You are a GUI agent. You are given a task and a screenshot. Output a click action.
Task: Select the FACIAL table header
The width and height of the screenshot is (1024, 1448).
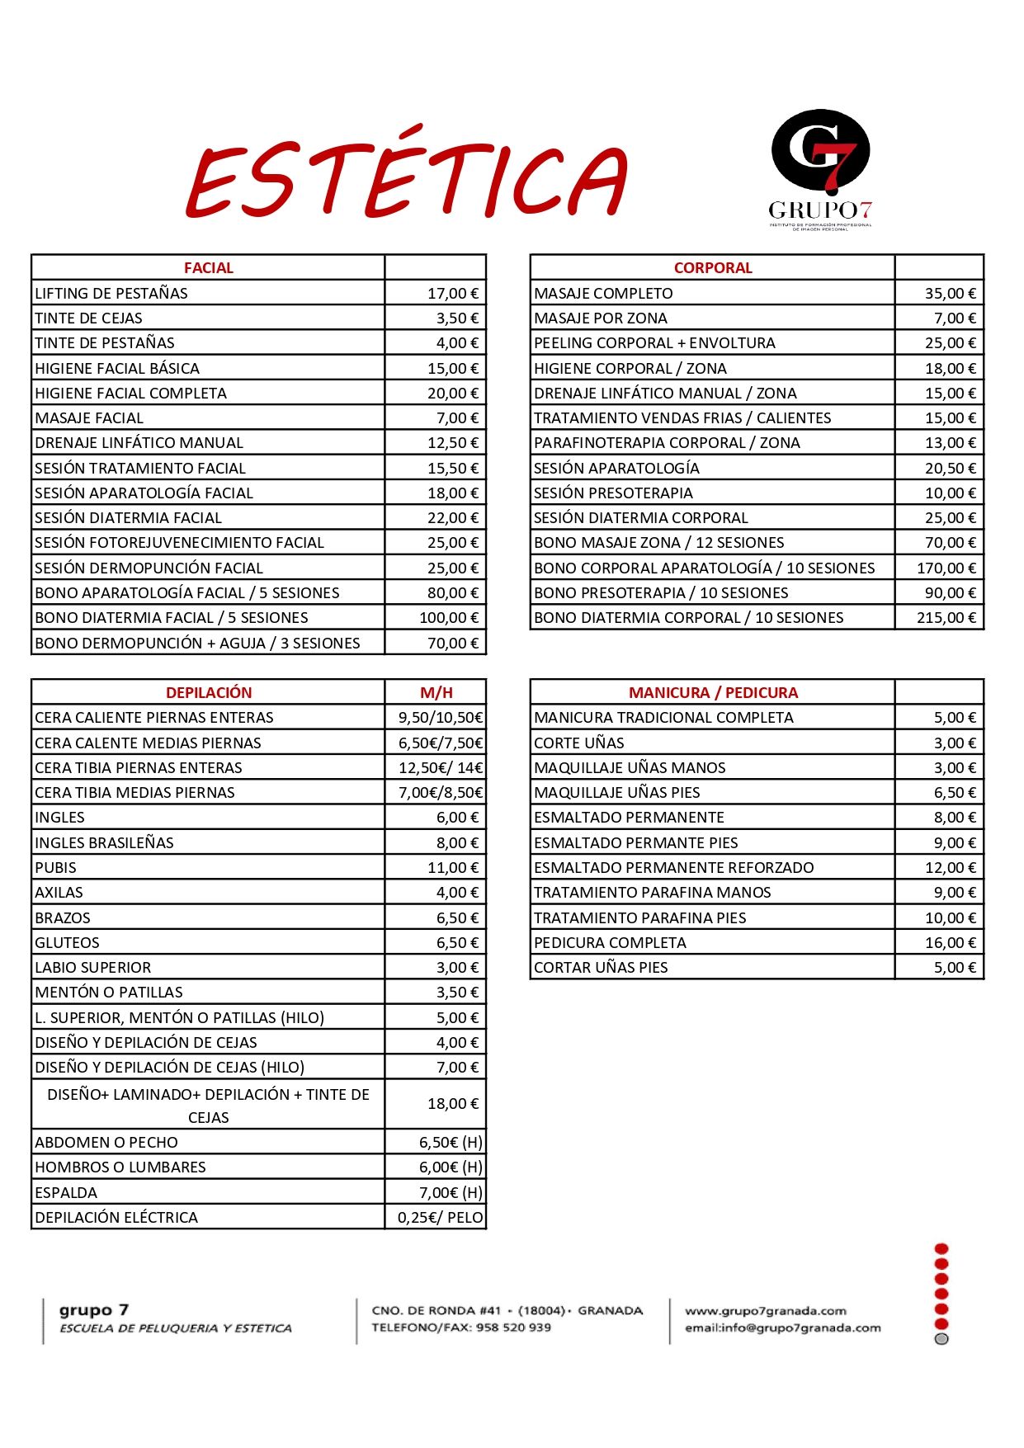209,268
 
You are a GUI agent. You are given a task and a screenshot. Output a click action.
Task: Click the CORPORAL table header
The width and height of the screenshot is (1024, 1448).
713,268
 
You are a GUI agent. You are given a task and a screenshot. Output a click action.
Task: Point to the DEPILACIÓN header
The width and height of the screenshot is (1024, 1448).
209,693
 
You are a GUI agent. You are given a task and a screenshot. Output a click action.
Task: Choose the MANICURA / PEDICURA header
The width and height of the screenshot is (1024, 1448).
713,693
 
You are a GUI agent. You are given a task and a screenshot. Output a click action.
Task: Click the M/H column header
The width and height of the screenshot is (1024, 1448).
436,693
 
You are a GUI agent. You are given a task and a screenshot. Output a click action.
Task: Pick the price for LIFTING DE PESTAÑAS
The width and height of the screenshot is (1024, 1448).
452,294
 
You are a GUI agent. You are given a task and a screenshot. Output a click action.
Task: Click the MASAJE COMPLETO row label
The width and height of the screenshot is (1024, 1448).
603,294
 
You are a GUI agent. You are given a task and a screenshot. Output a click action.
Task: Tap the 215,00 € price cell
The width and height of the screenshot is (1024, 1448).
946,618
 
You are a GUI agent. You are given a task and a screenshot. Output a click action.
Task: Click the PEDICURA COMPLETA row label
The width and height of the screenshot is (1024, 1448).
610,943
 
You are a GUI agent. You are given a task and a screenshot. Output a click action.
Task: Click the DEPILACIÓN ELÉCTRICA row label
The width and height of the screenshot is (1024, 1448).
116,1218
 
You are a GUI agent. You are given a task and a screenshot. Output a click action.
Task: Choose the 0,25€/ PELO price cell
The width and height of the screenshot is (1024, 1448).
440,1218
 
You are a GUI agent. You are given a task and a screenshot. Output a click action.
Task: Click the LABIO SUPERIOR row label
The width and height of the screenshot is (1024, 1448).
93,968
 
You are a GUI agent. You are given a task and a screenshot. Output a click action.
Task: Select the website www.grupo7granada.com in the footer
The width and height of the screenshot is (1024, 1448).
766,1311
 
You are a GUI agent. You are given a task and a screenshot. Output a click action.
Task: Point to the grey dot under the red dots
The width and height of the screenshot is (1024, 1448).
941,1339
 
